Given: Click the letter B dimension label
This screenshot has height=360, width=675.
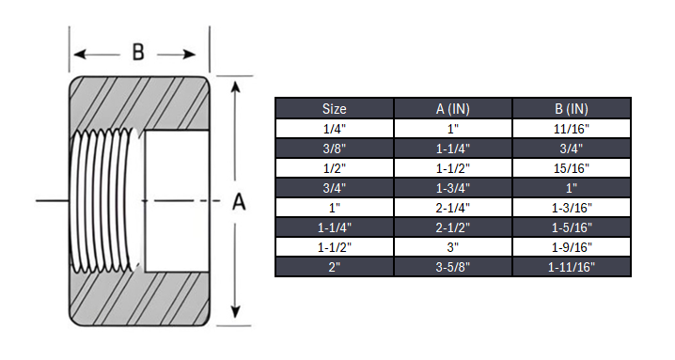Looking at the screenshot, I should [138, 52].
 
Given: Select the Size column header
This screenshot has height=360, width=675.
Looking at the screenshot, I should [334, 108].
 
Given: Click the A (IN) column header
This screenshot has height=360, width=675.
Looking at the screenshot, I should [452, 108].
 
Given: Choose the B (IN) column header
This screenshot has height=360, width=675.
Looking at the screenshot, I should [572, 108].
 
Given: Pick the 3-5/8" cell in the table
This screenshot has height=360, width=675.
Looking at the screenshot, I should [452, 267].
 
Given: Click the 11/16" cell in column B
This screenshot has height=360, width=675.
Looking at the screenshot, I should [572, 128].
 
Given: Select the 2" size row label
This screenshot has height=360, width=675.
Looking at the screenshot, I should [334, 267].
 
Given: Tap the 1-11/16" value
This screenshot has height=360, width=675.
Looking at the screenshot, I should [572, 267].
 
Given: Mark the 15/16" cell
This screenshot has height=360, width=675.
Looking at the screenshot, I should [572, 167].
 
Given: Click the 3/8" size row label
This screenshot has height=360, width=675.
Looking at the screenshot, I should [334, 148].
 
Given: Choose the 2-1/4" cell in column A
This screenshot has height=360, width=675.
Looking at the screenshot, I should [452, 207].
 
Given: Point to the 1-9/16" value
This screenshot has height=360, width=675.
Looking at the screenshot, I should [572, 247].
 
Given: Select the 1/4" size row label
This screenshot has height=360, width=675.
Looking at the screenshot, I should [334, 128].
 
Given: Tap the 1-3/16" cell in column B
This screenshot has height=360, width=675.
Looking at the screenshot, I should [572, 207].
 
